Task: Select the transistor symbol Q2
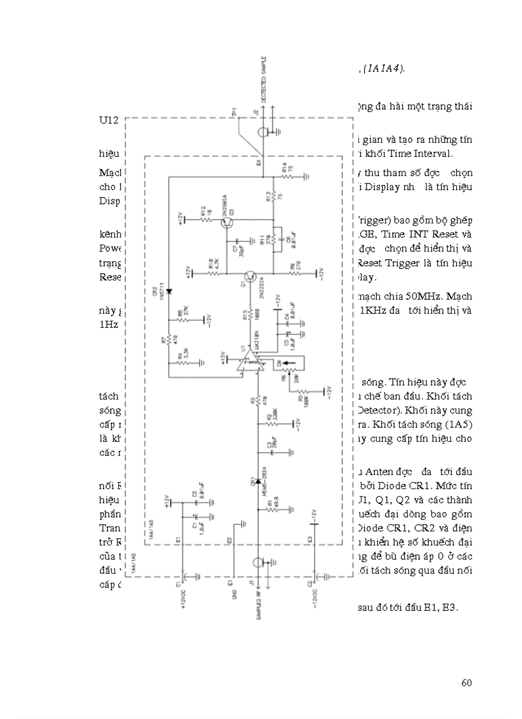[x=228, y=223]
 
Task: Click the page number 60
[x=466, y=683]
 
